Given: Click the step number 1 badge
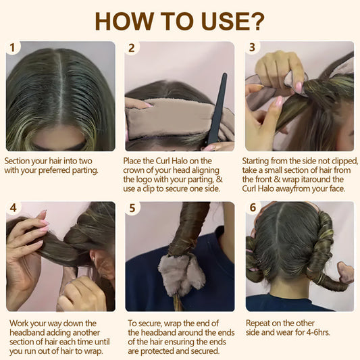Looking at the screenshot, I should [12, 48].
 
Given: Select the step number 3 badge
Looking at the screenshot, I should [253, 48].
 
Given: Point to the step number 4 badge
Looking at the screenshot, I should [12, 208].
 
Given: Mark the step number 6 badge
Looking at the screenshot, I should [253, 208].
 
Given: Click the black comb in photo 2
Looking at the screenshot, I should [217, 108].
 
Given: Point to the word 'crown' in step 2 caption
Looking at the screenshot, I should [136, 171].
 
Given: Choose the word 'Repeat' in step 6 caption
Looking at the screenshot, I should [259, 323].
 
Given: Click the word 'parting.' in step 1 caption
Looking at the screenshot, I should [84, 171].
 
